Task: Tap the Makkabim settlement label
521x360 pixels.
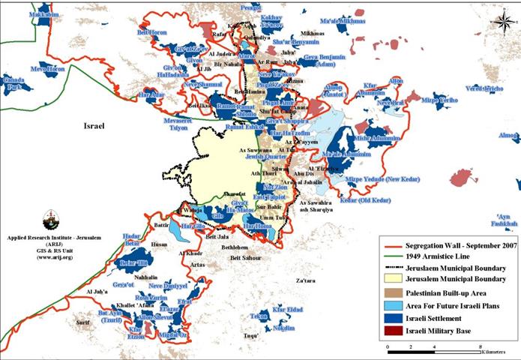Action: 24,14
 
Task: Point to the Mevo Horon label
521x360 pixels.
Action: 47,68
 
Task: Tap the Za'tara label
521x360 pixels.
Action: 306,280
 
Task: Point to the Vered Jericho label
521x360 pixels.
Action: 485,88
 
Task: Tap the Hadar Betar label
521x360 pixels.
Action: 130,239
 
